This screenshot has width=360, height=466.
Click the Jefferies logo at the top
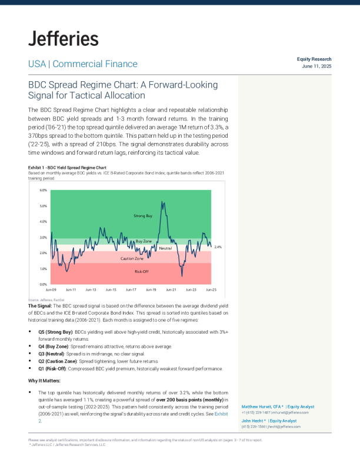point(64,39)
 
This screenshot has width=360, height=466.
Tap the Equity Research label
point(315,59)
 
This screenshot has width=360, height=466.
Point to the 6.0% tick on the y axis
point(43,191)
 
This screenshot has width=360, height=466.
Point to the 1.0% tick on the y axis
point(43,269)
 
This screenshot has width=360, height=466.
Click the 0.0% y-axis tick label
point(43,284)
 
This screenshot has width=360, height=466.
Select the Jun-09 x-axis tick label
point(51,290)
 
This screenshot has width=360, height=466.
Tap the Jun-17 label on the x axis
point(131,290)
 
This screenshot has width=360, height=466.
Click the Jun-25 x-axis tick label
point(211,290)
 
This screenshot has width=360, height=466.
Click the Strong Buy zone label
point(144,217)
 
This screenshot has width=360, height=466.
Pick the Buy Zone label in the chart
point(144,241)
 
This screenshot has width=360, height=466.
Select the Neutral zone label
point(165,249)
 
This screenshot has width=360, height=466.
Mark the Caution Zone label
point(132,258)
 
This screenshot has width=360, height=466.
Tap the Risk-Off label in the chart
point(142,271)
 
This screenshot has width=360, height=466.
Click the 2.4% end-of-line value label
point(218,247)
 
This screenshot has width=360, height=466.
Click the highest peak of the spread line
point(162,202)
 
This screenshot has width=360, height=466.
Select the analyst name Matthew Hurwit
point(261,407)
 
